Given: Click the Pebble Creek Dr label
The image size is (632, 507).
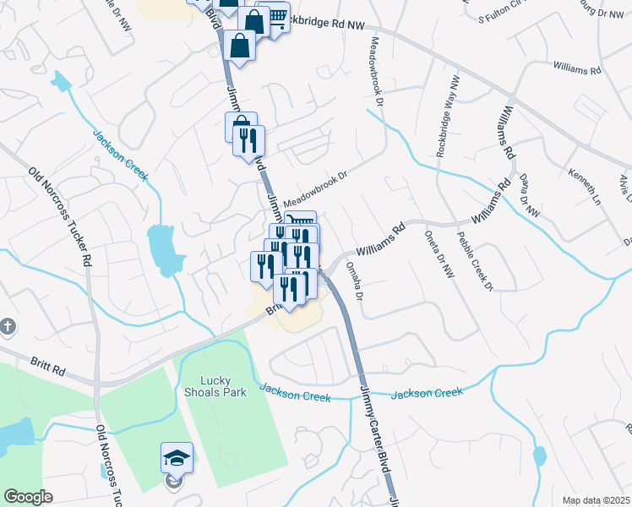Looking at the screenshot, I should pos(475,262).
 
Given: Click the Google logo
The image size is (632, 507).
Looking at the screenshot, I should pos(28,497).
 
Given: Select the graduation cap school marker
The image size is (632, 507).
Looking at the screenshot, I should pos(177,458).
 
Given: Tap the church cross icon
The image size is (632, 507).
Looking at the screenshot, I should pos(7,326).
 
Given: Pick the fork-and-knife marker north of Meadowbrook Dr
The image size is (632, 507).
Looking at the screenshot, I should pos(248,139).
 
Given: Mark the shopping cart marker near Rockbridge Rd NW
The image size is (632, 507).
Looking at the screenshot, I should pos(274,17).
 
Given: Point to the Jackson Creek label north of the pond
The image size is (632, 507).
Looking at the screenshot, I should pos(121,155).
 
